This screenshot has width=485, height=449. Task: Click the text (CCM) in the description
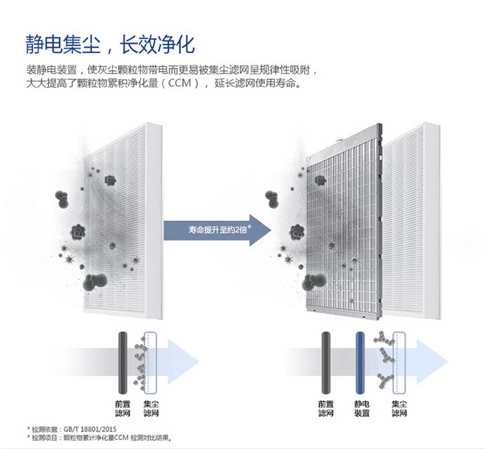183,83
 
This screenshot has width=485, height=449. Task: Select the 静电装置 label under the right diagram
362,408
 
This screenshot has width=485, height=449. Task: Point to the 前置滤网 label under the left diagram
123,408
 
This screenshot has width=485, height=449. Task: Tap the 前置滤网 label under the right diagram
325,408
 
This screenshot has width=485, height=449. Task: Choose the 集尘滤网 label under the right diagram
400,408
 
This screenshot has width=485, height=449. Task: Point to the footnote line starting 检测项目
101,438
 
